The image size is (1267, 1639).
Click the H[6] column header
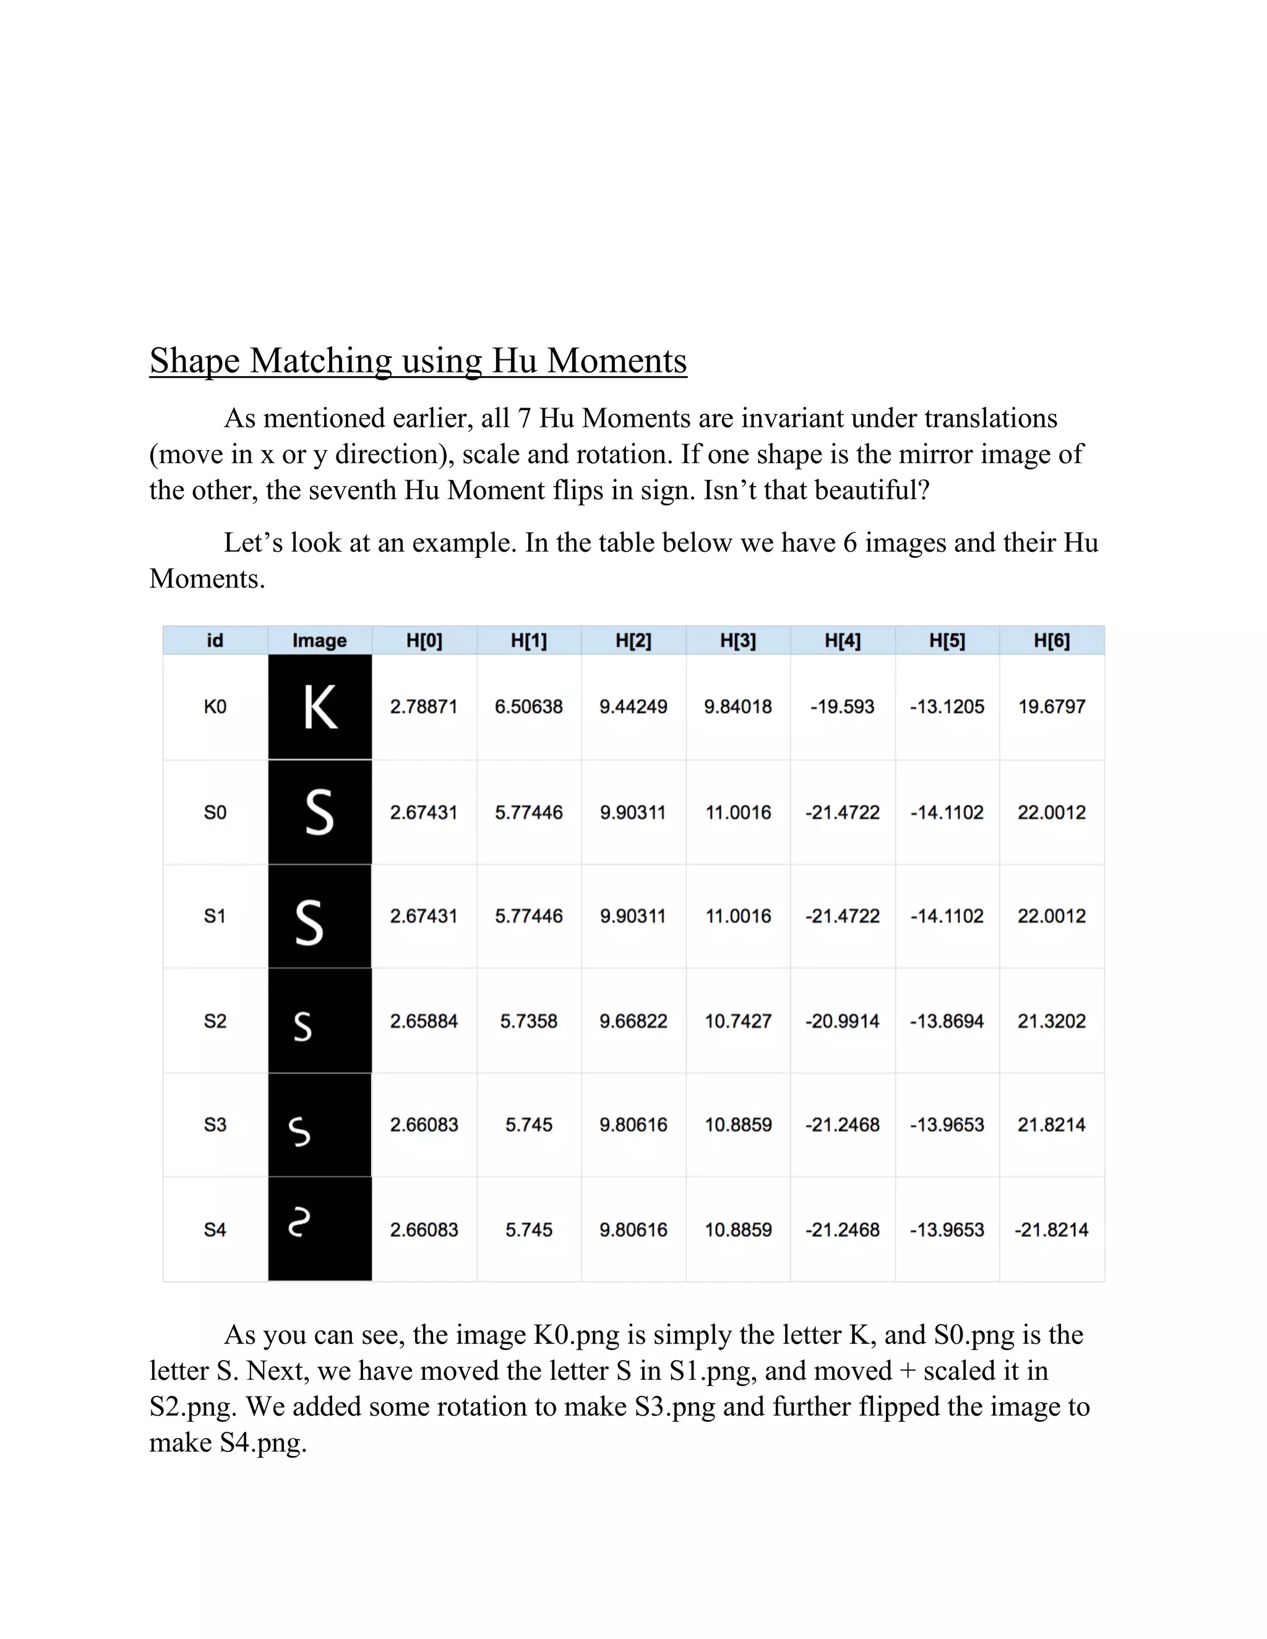pos(1051,640)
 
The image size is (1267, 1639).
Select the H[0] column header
pos(424,640)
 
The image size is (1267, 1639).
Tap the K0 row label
pos(215,706)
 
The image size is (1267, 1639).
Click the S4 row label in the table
pos(215,1230)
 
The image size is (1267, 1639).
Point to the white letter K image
pos(320,707)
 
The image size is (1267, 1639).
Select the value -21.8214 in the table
pos(1051,1230)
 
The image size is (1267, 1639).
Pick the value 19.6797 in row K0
pos(1051,706)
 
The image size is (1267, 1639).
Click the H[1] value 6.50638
pos(528,706)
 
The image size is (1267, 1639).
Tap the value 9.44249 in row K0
pos(633,706)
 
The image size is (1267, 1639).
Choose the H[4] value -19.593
pos(842,706)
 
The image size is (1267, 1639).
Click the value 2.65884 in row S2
pos(424,1021)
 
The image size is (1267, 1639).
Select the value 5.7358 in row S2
pos(528,1021)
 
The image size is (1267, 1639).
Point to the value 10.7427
pos(738,1021)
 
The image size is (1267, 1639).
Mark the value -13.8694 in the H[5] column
pos(947,1021)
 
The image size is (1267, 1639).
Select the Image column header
pos(320,640)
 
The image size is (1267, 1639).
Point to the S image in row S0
pos(320,812)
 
